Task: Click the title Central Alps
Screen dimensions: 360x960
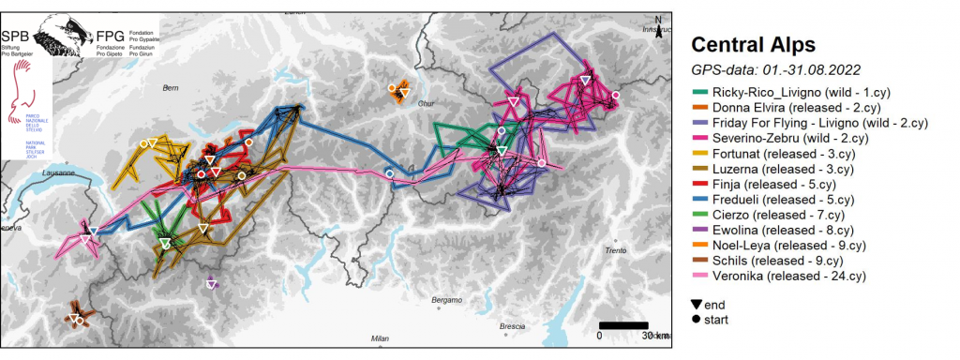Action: [x=753, y=44]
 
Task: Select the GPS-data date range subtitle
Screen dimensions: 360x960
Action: [x=775, y=69]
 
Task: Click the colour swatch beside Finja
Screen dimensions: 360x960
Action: [x=698, y=185]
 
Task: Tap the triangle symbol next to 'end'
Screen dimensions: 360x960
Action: [x=697, y=305]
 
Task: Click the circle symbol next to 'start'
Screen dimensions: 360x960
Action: [x=697, y=320]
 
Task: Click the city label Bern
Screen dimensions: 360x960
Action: [x=170, y=87]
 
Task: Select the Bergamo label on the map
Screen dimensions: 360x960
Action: [x=447, y=300]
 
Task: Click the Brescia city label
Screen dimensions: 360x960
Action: [x=512, y=326]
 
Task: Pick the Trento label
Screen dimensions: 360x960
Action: [x=615, y=250]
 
